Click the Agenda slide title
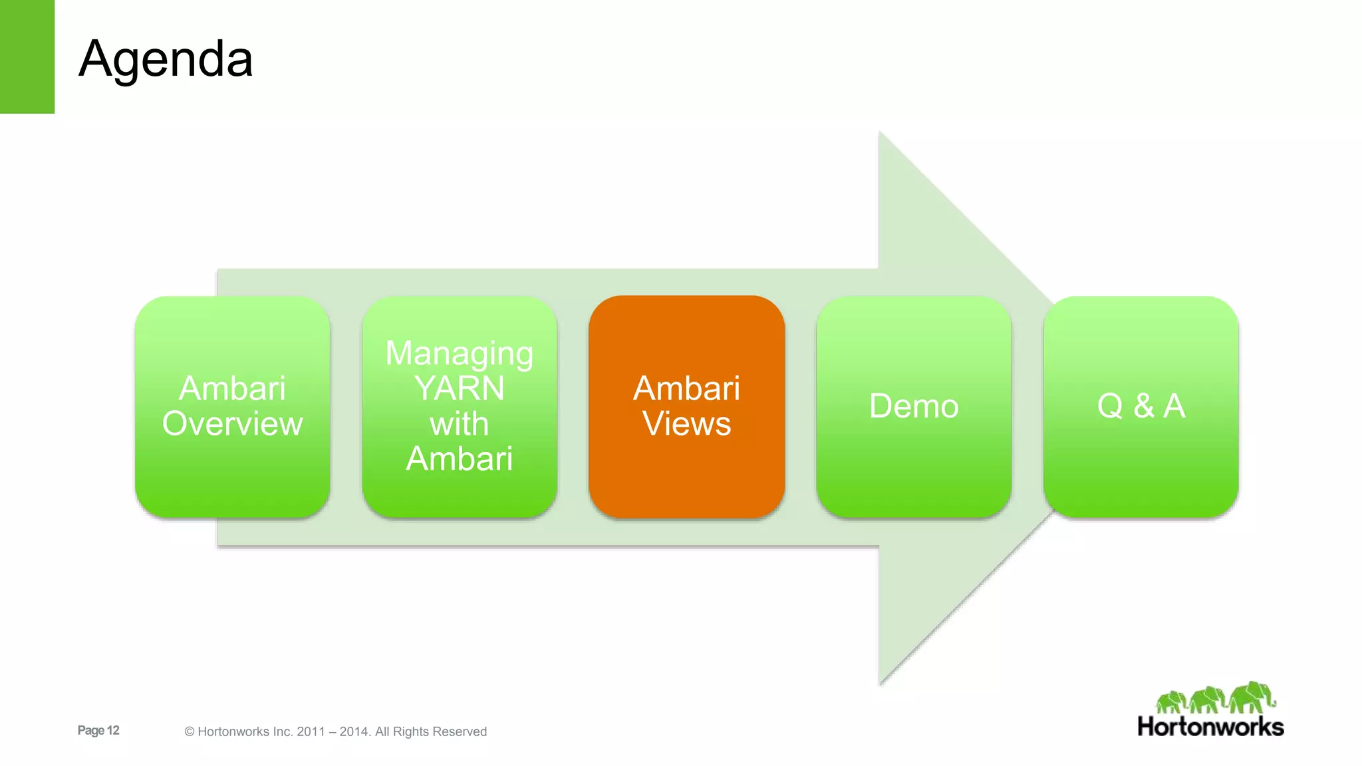166,59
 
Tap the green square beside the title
27,57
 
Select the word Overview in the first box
232,424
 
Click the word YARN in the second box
459,388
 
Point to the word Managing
459,354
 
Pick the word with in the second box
459,424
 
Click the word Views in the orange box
686,424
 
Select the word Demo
914,406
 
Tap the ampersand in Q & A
1144,406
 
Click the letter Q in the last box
1110,406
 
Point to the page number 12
113,730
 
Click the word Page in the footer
91,730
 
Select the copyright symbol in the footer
190,731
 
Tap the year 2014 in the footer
353,731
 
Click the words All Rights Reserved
431,731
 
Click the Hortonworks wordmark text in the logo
1210,727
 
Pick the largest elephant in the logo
1252,697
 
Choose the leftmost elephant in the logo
1171,702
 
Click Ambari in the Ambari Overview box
232,388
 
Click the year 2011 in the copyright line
311,731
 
